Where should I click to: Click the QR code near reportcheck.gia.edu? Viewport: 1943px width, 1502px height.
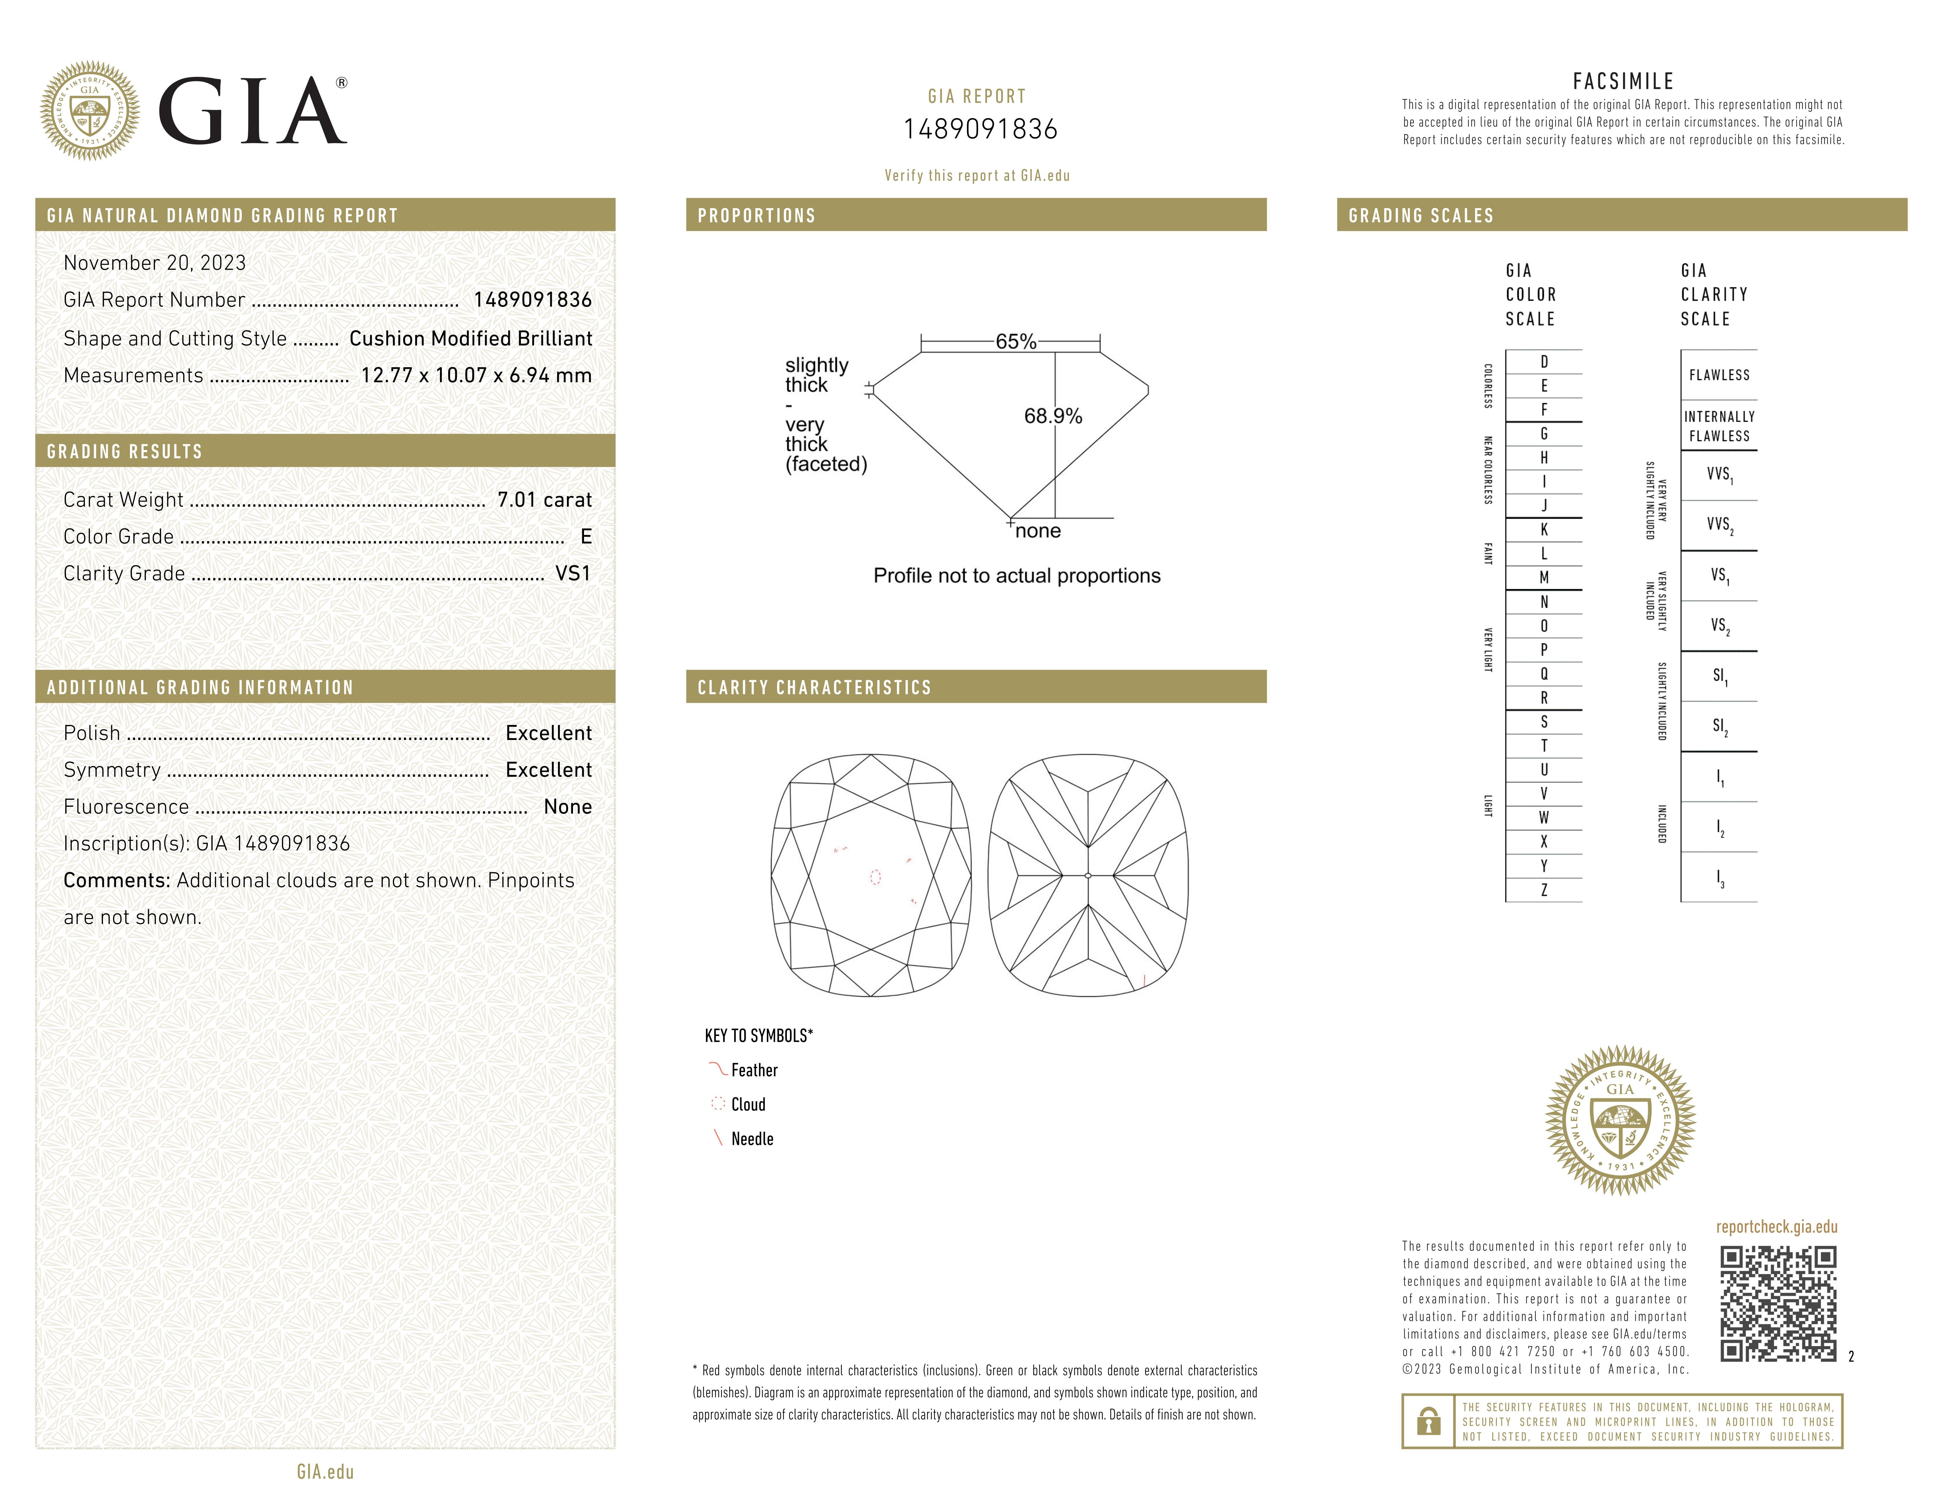pos(1778,1304)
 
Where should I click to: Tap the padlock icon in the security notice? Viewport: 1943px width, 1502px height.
pos(1428,1421)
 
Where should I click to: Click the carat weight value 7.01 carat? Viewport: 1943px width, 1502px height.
pos(545,500)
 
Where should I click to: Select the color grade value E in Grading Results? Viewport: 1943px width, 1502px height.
pos(585,536)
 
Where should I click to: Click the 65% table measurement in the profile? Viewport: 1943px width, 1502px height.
pos(1015,342)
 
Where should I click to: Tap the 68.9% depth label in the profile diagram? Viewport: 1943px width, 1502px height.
pos(1053,417)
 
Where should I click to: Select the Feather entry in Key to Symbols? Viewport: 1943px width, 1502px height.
pos(753,1070)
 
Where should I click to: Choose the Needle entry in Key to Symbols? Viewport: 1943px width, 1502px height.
pos(752,1139)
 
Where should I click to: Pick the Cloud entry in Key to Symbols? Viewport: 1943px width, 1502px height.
pos(747,1104)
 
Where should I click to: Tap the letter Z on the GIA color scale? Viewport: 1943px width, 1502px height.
pos(1543,890)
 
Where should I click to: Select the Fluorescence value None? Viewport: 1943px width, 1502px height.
pos(567,807)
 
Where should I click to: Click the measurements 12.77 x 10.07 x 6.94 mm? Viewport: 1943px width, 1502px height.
pos(476,375)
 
